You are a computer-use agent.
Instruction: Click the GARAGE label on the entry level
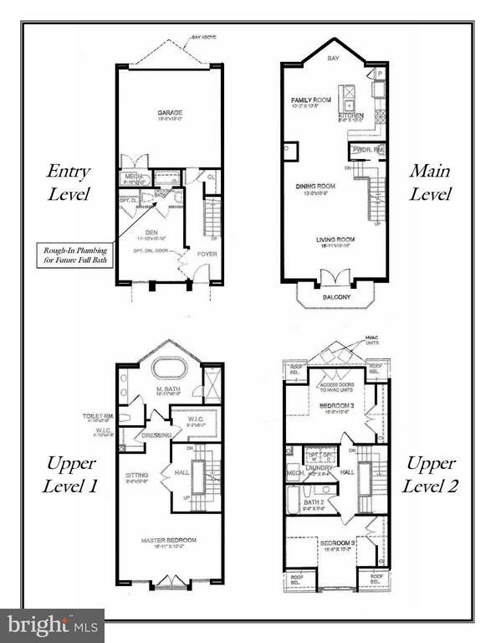pyautogui.click(x=170, y=112)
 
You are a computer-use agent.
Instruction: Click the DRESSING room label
pyautogui.click(x=157, y=435)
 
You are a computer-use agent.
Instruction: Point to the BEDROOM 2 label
pyautogui.click(x=339, y=405)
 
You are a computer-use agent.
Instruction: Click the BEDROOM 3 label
pyautogui.click(x=338, y=543)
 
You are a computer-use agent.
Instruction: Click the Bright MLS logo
pyautogui.click(x=53, y=625)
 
